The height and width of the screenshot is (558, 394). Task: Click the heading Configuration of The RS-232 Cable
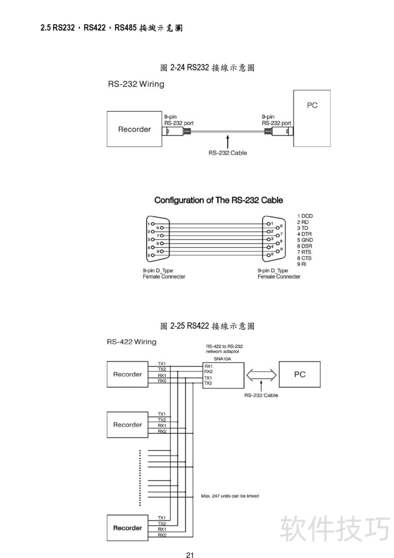[218, 200]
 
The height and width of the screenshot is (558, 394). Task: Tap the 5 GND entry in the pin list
[305, 240]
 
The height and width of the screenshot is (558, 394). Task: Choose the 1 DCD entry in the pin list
[305, 216]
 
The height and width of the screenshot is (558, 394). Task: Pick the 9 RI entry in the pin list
[302, 264]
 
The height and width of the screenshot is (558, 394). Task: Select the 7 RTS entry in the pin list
[304, 252]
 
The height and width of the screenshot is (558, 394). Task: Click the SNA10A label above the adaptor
[222, 359]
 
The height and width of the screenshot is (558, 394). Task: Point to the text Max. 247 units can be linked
[230, 496]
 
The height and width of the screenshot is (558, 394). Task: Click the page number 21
[190, 554]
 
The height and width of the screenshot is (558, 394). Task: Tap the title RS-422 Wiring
[131, 342]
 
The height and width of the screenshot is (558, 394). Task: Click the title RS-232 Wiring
[136, 84]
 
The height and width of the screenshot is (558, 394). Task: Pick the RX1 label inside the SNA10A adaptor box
[208, 366]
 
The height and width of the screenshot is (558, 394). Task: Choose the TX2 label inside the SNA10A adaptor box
[208, 384]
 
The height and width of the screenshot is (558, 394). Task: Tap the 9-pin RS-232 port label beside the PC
[276, 120]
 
